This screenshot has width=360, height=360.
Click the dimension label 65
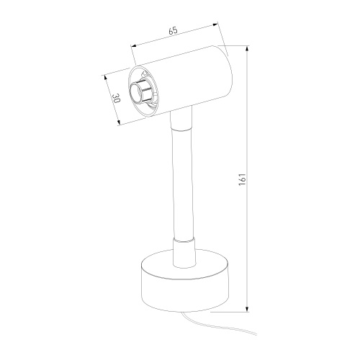(x=173, y=31)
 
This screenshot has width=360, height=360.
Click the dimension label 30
(x=116, y=98)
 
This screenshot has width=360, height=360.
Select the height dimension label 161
(x=243, y=179)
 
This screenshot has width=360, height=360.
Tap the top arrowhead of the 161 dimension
(x=247, y=48)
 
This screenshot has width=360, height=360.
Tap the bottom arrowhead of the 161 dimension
(x=247, y=309)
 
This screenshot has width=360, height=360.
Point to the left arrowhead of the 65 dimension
(x=133, y=45)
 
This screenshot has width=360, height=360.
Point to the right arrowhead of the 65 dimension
(x=215, y=24)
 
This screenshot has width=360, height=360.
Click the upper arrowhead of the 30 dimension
(x=105, y=78)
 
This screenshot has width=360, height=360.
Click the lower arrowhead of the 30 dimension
(x=118, y=122)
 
